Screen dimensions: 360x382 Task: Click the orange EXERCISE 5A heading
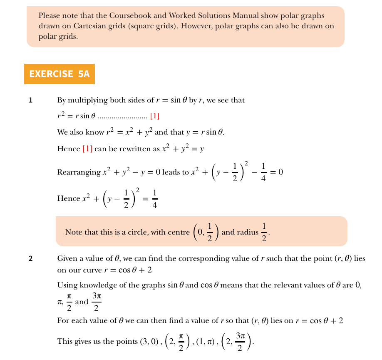click(x=60, y=74)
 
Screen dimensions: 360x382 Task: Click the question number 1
click(x=30, y=100)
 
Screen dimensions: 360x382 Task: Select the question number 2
click(x=30, y=259)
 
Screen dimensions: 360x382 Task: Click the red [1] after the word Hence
click(x=87, y=149)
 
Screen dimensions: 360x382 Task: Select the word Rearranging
click(x=79, y=172)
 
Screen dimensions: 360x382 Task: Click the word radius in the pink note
click(x=247, y=232)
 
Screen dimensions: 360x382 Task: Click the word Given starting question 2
click(x=67, y=259)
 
